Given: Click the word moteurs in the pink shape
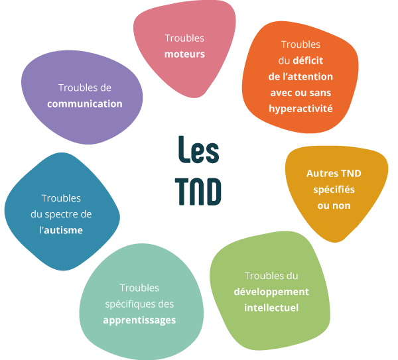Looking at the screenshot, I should click(x=184, y=53).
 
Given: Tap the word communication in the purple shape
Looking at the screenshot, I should click(x=84, y=103).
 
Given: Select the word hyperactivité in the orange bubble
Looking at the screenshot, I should click(x=300, y=107).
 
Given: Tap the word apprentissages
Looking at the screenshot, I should click(x=139, y=320).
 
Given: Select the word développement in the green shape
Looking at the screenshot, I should click(x=271, y=291).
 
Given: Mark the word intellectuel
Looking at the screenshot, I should click(x=271, y=308).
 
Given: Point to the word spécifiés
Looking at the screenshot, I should click(x=334, y=189).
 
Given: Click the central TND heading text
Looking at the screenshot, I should click(x=198, y=190).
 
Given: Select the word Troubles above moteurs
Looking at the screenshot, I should click(x=184, y=38).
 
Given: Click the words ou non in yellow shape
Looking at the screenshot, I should click(x=334, y=205).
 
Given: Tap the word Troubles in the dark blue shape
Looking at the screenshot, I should click(x=61, y=198).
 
